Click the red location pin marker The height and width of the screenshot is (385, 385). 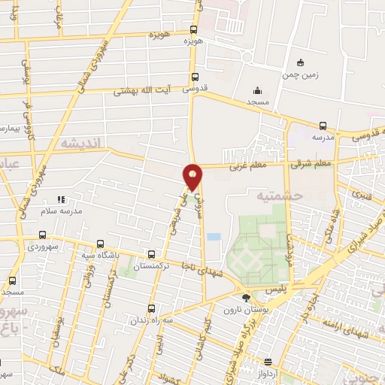192,176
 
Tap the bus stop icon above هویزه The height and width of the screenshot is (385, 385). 194,30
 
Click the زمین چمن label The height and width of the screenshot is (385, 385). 301,75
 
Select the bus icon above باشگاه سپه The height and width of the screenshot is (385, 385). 101,244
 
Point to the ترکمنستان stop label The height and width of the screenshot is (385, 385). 152,266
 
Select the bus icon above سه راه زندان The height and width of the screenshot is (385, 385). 152,308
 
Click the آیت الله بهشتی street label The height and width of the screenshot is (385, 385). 143,91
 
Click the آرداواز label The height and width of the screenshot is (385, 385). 269,373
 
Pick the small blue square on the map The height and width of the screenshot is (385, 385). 214,236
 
